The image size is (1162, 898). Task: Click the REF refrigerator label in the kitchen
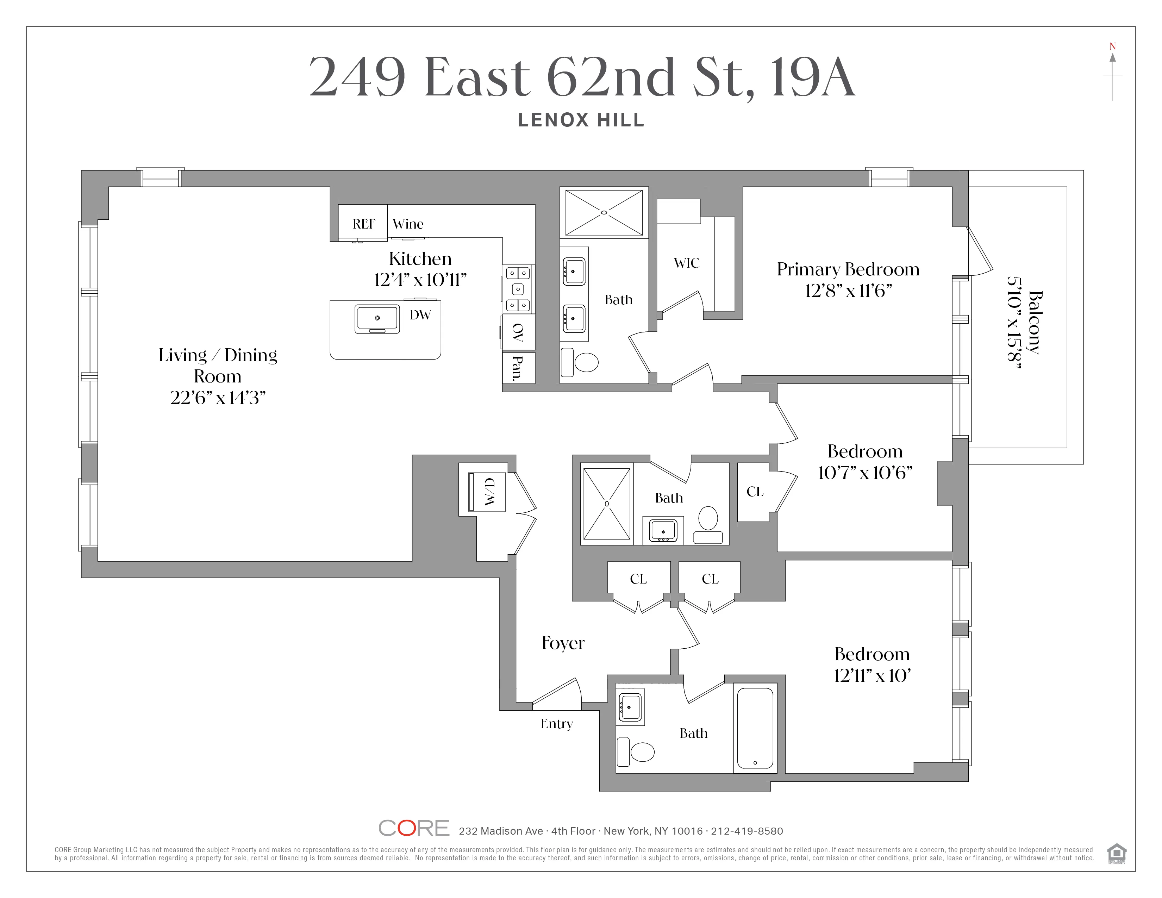[x=364, y=224]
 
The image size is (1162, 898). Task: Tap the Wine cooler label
[x=408, y=224]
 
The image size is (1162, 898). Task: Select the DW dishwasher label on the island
[x=420, y=315]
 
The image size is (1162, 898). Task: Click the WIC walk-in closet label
[x=686, y=263]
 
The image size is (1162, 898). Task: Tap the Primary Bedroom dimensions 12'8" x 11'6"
[x=848, y=291]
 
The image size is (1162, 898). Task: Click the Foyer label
[x=563, y=643]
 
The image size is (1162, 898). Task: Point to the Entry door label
[x=556, y=724]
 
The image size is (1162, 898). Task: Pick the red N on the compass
[x=1112, y=46]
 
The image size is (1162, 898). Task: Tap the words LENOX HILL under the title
[x=581, y=120]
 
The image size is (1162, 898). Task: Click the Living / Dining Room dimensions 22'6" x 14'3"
[x=218, y=398]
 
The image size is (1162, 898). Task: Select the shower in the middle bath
[x=607, y=503]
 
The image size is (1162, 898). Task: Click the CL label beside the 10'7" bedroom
[x=755, y=492]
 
